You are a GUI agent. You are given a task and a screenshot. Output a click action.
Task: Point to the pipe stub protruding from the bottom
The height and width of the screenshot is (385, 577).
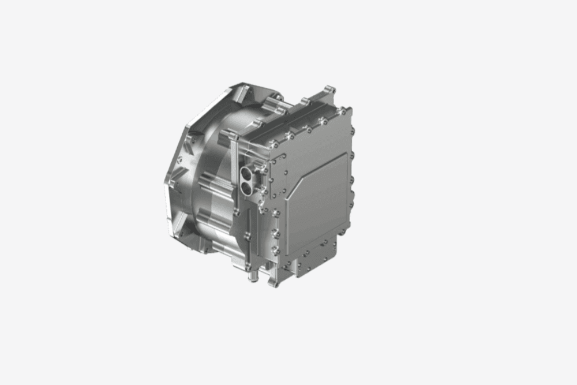(x=252, y=276)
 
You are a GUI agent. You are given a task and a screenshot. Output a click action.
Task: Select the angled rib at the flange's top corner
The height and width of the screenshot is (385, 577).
(x=245, y=92)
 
